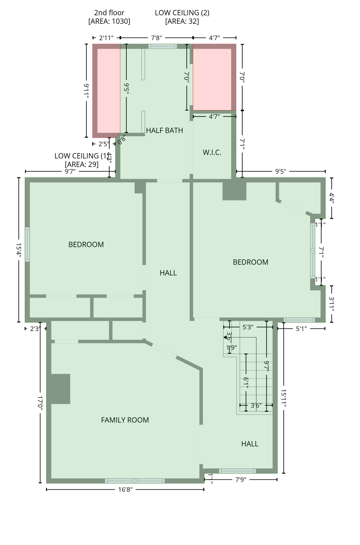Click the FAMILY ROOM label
point(125,420)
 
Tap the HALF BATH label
point(164,131)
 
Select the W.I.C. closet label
point(212,152)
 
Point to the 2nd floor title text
point(109,13)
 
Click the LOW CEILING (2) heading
point(182,13)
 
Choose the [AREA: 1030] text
point(109,21)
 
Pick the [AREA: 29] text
point(81,164)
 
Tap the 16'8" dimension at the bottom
point(125,489)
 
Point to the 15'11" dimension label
point(283,398)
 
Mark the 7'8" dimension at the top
point(156,38)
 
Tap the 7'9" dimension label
point(241,479)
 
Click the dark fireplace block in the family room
point(60,389)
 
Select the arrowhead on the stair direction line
point(225,337)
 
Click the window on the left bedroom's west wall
point(27,244)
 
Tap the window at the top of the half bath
point(163,46)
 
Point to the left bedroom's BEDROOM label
point(86,244)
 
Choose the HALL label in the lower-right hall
point(249,444)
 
